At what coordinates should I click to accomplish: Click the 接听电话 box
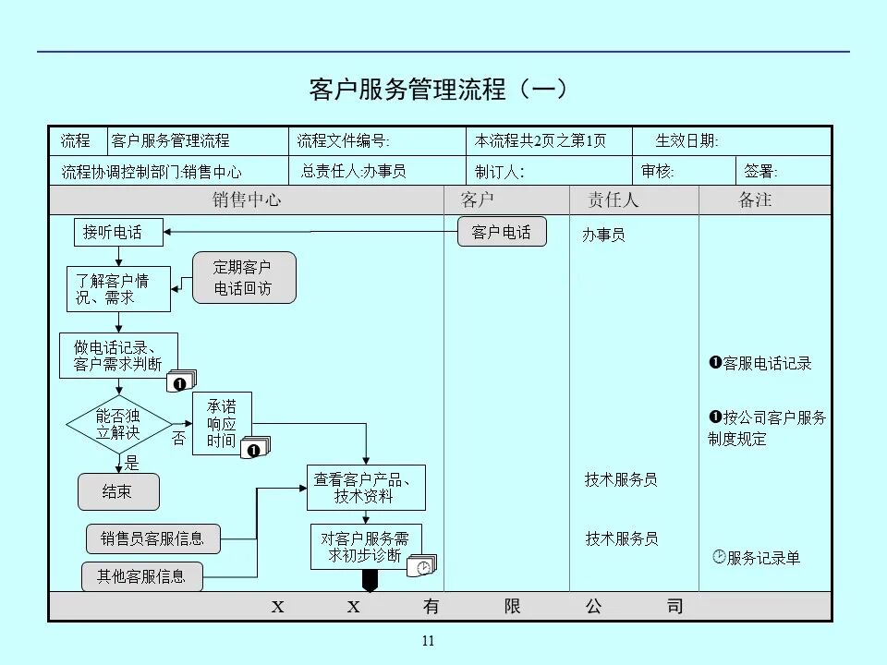[117, 233]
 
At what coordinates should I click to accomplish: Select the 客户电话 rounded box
[502, 232]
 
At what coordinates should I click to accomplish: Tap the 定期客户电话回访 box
[243, 278]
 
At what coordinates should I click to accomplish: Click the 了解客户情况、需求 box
[118, 289]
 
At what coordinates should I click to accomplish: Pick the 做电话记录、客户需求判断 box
[117, 356]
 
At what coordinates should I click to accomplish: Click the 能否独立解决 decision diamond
[118, 425]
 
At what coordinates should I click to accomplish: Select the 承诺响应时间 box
[221, 424]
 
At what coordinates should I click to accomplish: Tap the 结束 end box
[117, 492]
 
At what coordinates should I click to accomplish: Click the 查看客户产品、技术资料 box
[366, 488]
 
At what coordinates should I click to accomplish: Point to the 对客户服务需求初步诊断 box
[365, 547]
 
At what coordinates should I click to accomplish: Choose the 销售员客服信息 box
[152, 538]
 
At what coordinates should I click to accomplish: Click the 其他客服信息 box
[141, 576]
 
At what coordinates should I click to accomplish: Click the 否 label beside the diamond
[179, 440]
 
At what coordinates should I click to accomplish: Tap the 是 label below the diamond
[132, 464]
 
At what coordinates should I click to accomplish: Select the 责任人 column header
[614, 200]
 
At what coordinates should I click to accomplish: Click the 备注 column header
[755, 200]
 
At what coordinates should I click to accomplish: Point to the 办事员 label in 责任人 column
[603, 236]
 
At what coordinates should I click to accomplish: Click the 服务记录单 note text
[762, 558]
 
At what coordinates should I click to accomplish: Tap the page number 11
[427, 642]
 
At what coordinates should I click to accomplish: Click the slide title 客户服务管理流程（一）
[438, 90]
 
